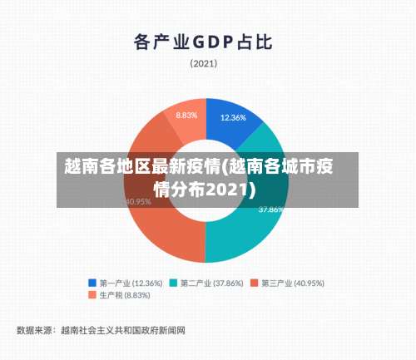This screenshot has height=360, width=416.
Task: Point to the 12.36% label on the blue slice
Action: pos(233,118)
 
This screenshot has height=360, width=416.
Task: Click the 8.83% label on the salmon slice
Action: pos(186,115)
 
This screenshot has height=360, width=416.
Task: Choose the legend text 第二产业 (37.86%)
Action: pos(212,283)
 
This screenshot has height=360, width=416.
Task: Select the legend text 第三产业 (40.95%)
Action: pos(293,283)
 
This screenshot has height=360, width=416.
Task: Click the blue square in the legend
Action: pos(92,283)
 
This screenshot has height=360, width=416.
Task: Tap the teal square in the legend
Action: pos(174,283)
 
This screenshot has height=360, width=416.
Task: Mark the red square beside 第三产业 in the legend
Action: pos(255,283)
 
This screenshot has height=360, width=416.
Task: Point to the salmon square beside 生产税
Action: pos(92,295)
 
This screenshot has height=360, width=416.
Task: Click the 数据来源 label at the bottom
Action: pos(34,330)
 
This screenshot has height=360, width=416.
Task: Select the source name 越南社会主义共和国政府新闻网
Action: pos(122,330)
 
